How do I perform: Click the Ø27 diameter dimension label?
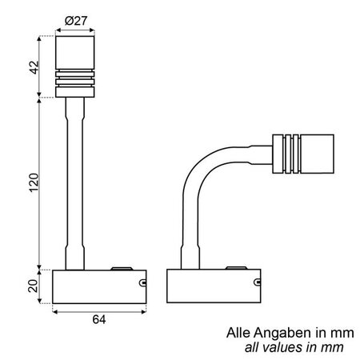click(x=76, y=21)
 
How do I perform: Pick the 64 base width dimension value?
click(x=100, y=320)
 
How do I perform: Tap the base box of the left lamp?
click(x=99, y=287)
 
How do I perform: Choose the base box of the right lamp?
click(x=213, y=287)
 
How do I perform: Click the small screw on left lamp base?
click(x=142, y=282)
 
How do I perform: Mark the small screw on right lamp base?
click(x=258, y=282)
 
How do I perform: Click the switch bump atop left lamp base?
click(x=122, y=270)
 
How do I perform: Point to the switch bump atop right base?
click(x=237, y=270)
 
